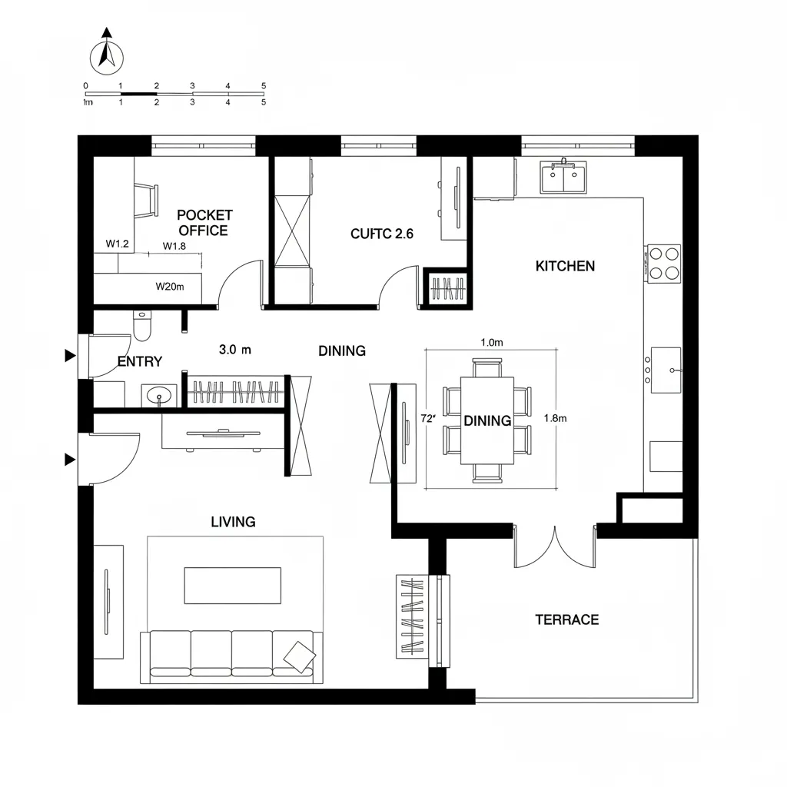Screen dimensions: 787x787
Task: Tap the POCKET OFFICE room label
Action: (x=204, y=223)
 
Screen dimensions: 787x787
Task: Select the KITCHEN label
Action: (x=565, y=266)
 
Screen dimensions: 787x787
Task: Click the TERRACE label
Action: (x=567, y=619)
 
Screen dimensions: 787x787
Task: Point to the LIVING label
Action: (x=233, y=522)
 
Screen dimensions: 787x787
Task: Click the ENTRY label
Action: (x=140, y=362)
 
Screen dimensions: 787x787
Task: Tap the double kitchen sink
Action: (x=563, y=178)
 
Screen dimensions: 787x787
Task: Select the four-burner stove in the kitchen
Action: (x=664, y=262)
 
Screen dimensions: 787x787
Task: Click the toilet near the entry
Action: (x=143, y=327)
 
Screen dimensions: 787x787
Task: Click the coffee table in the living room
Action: (x=232, y=586)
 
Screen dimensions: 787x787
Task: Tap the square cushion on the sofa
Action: (x=299, y=655)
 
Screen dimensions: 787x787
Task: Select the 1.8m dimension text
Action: (x=555, y=418)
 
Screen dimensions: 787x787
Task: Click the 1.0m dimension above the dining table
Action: (x=491, y=343)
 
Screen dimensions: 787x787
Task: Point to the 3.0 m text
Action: (x=235, y=350)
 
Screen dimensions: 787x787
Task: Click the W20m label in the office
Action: (x=170, y=287)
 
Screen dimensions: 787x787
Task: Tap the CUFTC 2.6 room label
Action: (x=382, y=234)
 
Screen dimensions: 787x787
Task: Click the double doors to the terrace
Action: (x=555, y=547)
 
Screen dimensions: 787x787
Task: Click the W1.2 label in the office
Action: (x=118, y=244)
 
